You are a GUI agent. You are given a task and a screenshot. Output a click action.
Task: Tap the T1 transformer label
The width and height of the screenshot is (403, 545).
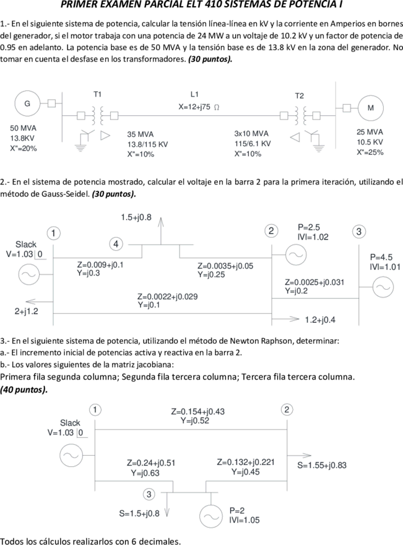point(98,94)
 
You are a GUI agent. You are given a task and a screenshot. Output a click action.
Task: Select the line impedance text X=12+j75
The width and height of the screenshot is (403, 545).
point(194,107)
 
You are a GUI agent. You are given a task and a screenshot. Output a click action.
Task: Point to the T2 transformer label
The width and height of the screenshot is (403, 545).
point(300,96)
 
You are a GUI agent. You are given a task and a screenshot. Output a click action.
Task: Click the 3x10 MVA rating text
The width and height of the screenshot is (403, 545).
point(251,134)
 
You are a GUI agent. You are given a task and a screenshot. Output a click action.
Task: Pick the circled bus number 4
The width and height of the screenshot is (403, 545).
point(116,244)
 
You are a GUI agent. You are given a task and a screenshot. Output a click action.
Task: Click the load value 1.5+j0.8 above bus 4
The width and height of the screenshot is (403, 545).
point(136,217)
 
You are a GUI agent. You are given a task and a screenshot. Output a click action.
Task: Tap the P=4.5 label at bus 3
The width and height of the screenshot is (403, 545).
point(381,257)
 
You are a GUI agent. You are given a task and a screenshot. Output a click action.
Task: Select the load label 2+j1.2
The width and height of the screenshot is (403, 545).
point(27,312)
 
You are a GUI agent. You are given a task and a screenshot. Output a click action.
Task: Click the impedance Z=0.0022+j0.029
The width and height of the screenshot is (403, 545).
point(168,297)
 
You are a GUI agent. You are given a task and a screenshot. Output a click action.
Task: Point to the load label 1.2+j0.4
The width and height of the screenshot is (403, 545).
point(320,320)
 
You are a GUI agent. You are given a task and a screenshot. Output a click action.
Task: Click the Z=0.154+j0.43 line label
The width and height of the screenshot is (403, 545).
point(197,411)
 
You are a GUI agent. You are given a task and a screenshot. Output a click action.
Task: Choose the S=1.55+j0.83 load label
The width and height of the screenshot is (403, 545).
point(322,465)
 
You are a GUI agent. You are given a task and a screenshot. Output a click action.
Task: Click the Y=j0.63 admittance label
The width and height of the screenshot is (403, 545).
point(145,473)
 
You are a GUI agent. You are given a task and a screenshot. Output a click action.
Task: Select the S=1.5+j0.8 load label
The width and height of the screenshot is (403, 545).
point(139,513)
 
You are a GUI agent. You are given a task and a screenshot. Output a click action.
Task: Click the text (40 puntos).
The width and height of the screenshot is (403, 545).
point(24,390)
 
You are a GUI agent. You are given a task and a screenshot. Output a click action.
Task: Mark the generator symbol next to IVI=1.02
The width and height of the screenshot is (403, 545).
point(296,255)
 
